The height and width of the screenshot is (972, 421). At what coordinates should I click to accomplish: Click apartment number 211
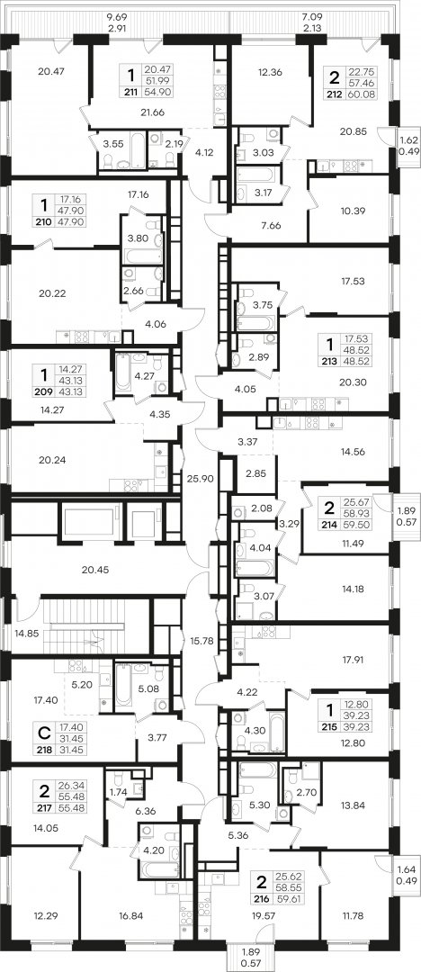[x=130, y=92]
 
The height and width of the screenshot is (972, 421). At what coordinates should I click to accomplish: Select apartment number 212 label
[x=335, y=94]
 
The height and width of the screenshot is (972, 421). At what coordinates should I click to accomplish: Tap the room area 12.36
[x=270, y=71]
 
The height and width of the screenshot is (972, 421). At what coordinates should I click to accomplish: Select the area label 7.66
[x=271, y=226]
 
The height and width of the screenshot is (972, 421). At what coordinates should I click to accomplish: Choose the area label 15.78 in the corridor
[x=202, y=641]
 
